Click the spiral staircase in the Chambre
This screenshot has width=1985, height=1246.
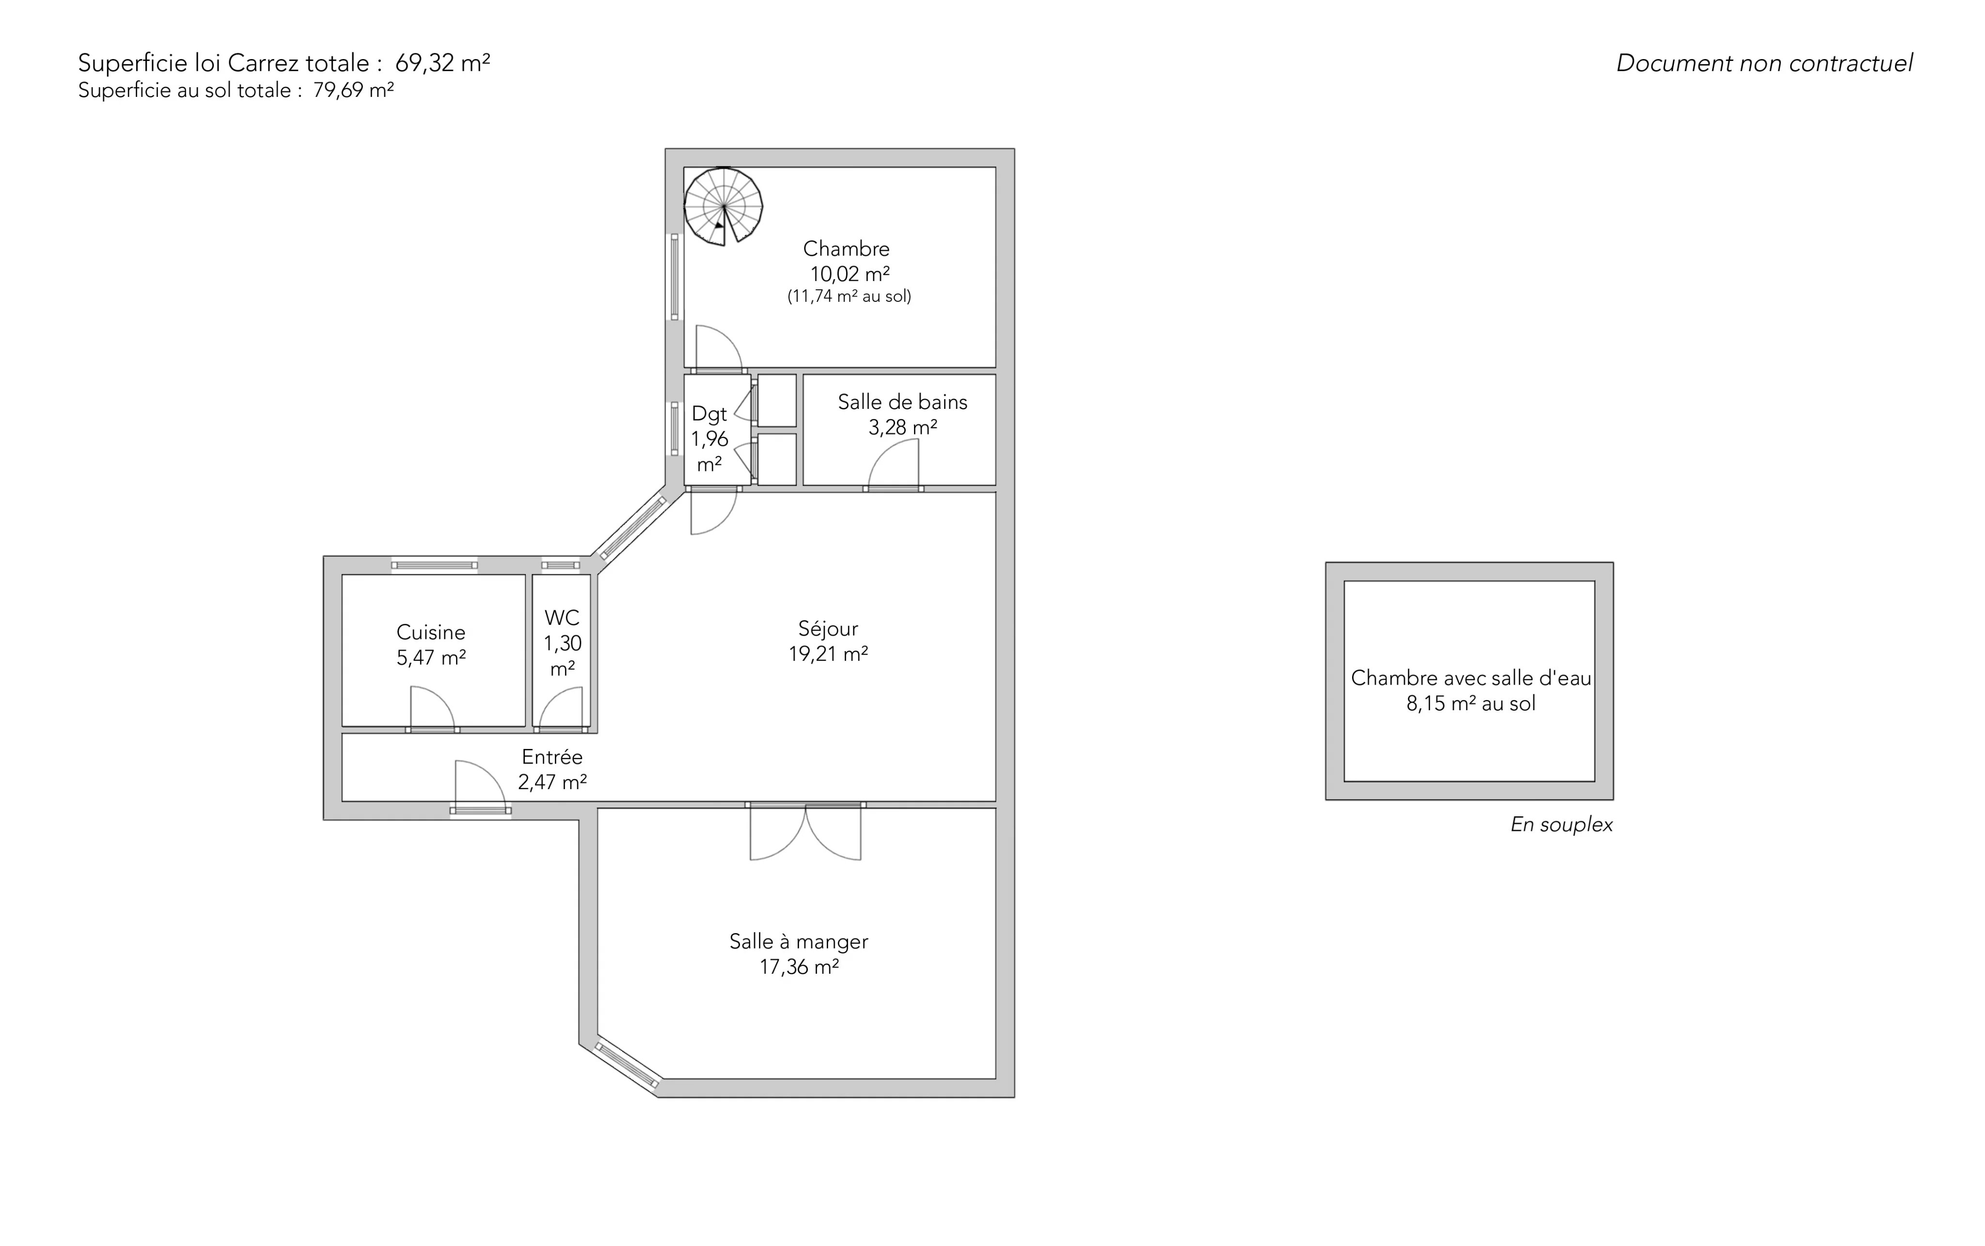pos(723,206)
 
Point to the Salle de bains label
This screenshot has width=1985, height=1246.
pos(903,402)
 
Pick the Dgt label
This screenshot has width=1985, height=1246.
pos(709,414)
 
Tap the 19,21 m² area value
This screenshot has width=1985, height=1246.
pos(829,654)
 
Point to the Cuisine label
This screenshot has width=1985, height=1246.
pos(431,632)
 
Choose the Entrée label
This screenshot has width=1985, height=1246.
pos(552,757)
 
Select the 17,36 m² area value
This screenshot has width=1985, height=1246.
pos(799,966)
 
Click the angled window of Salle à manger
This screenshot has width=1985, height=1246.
pos(627,1065)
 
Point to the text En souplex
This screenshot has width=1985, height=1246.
pos(1561,825)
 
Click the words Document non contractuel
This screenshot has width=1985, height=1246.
pos(1764,63)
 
